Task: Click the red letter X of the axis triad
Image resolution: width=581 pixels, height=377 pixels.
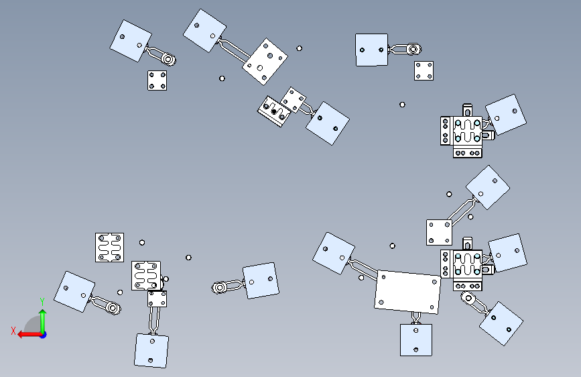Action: (x=13, y=331)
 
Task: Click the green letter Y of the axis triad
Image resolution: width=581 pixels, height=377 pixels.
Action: (x=42, y=301)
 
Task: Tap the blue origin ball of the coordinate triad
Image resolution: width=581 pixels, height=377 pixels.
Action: (x=44, y=335)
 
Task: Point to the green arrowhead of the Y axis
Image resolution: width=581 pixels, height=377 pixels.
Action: (x=43, y=313)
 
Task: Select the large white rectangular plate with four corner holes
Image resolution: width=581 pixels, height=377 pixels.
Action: (x=407, y=292)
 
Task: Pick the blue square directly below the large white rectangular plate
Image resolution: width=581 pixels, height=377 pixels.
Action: (x=415, y=340)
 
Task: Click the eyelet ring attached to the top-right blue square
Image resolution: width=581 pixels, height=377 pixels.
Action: (x=413, y=49)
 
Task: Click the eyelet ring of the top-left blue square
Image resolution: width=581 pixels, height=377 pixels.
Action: (x=168, y=59)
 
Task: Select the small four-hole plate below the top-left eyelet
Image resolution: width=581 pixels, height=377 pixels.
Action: (x=157, y=80)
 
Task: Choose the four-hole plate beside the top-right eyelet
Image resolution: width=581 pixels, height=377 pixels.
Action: (x=424, y=71)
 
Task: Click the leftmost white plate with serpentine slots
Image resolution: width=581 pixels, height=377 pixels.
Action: (x=110, y=248)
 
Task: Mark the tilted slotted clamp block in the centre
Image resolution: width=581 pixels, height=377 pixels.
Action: (x=274, y=111)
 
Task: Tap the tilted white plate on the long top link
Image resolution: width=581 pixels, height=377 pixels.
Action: (x=265, y=62)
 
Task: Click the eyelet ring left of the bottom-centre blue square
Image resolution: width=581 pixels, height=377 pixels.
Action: (x=219, y=288)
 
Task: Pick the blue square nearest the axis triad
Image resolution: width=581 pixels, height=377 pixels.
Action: (x=74, y=292)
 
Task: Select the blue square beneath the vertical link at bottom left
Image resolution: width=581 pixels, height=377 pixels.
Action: (x=151, y=351)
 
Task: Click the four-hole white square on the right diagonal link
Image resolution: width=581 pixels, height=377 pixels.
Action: (x=439, y=232)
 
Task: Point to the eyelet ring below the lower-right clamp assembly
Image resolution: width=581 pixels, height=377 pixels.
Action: (x=468, y=298)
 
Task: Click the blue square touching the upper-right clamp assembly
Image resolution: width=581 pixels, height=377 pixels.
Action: (x=506, y=115)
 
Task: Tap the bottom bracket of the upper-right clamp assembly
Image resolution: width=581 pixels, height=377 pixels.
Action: (x=468, y=152)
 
